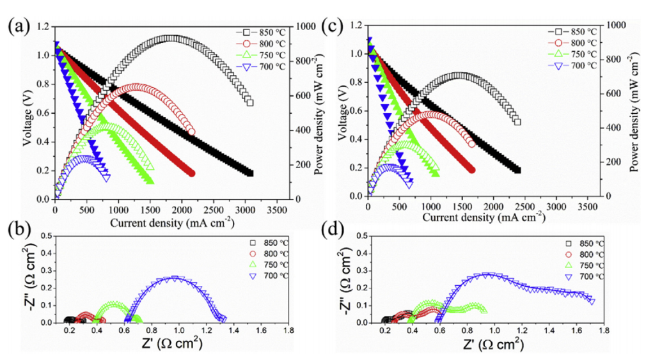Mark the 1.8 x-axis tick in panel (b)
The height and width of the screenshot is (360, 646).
click(289, 332)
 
